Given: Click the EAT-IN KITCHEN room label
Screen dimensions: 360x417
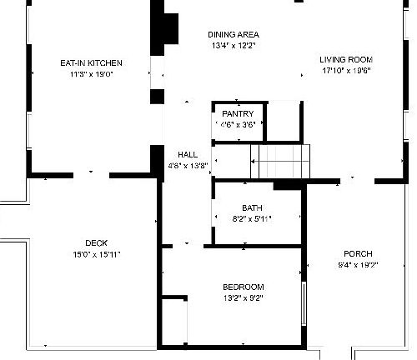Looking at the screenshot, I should [x=92, y=63].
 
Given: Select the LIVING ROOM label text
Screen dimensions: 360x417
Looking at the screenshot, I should [x=346, y=60].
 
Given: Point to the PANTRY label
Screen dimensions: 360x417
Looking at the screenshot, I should [x=238, y=113].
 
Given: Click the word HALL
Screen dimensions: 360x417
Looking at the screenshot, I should [x=188, y=155].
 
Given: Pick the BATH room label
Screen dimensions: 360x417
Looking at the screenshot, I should [x=252, y=208].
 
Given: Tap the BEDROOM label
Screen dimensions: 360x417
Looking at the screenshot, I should [x=243, y=287].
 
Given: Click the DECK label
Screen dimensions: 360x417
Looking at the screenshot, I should [x=96, y=243].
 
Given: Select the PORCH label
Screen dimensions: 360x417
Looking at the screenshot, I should [x=358, y=254].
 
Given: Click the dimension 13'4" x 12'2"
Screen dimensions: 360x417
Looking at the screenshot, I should [x=233, y=46].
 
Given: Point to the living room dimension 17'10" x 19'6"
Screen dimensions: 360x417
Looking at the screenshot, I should [x=346, y=71].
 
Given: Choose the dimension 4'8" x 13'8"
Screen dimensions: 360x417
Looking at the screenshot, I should [x=188, y=166].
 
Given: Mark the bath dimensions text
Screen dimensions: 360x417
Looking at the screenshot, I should [x=252, y=219].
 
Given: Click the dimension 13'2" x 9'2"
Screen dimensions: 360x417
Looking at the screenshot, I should [x=244, y=298].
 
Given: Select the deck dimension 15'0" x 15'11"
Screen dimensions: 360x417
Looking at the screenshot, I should [x=97, y=254].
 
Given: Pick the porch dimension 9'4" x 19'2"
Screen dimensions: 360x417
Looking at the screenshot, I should [x=358, y=265].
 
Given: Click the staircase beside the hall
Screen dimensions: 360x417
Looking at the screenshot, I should [x=280, y=159].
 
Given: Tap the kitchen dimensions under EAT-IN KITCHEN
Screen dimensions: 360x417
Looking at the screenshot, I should [x=92, y=74].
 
